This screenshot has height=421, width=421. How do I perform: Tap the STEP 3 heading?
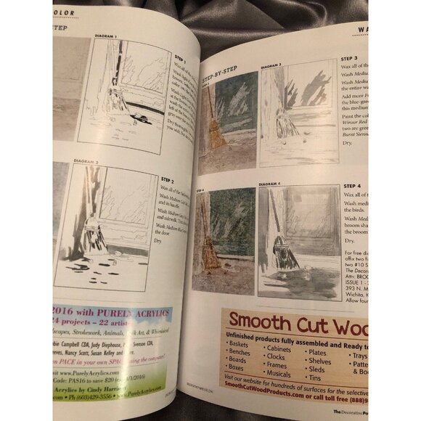[x=348, y=58]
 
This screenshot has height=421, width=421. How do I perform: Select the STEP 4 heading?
[x=352, y=186]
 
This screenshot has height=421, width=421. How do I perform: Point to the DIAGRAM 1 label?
[x=107, y=36]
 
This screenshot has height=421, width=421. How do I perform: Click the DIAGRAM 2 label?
[x=87, y=160]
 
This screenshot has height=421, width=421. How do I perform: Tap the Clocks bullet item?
[x=277, y=356]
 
